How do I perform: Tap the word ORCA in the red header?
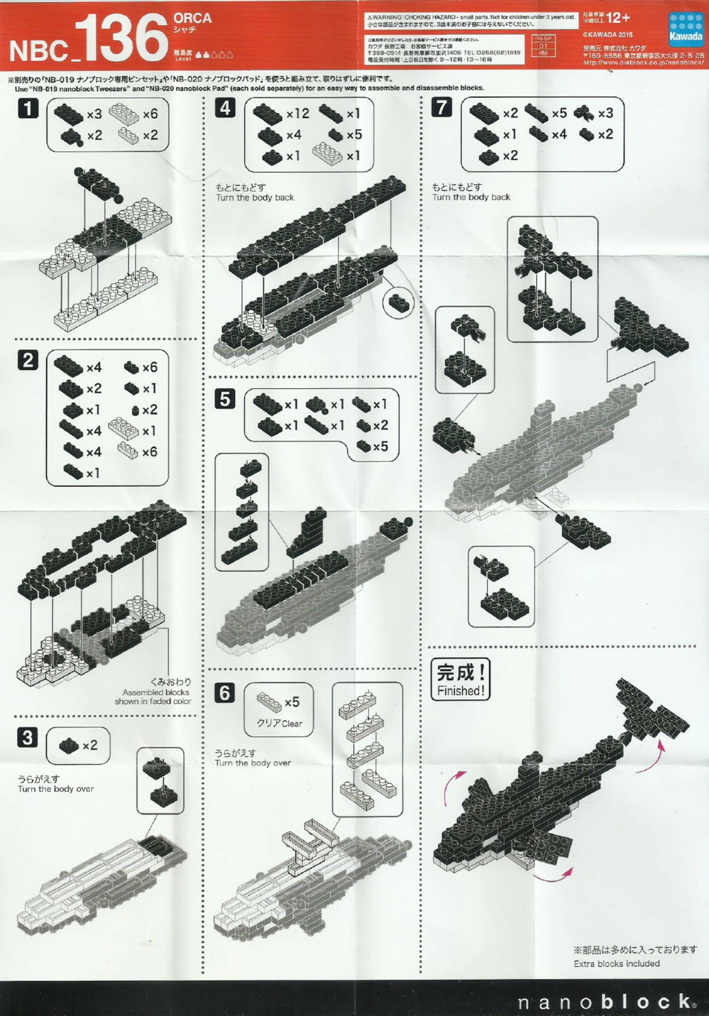(x=192, y=18)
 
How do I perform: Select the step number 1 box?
(x=28, y=108)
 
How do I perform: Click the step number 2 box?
(x=28, y=360)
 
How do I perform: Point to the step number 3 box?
(x=28, y=737)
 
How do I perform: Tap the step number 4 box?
(x=225, y=108)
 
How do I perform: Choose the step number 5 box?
(x=225, y=399)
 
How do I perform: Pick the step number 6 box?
(x=225, y=692)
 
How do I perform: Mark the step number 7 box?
(x=442, y=107)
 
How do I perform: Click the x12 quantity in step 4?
(x=298, y=114)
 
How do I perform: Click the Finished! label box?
(x=460, y=679)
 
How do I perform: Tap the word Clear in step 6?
(x=292, y=723)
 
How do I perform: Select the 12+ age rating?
(x=618, y=19)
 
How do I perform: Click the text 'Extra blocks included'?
(x=616, y=964)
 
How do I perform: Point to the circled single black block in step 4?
(x=399, y=303)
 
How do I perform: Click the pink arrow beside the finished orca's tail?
(x=660, y=751)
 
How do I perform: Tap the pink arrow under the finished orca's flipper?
(x=553, y=875)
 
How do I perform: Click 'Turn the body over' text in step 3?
(x=56, y=788)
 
